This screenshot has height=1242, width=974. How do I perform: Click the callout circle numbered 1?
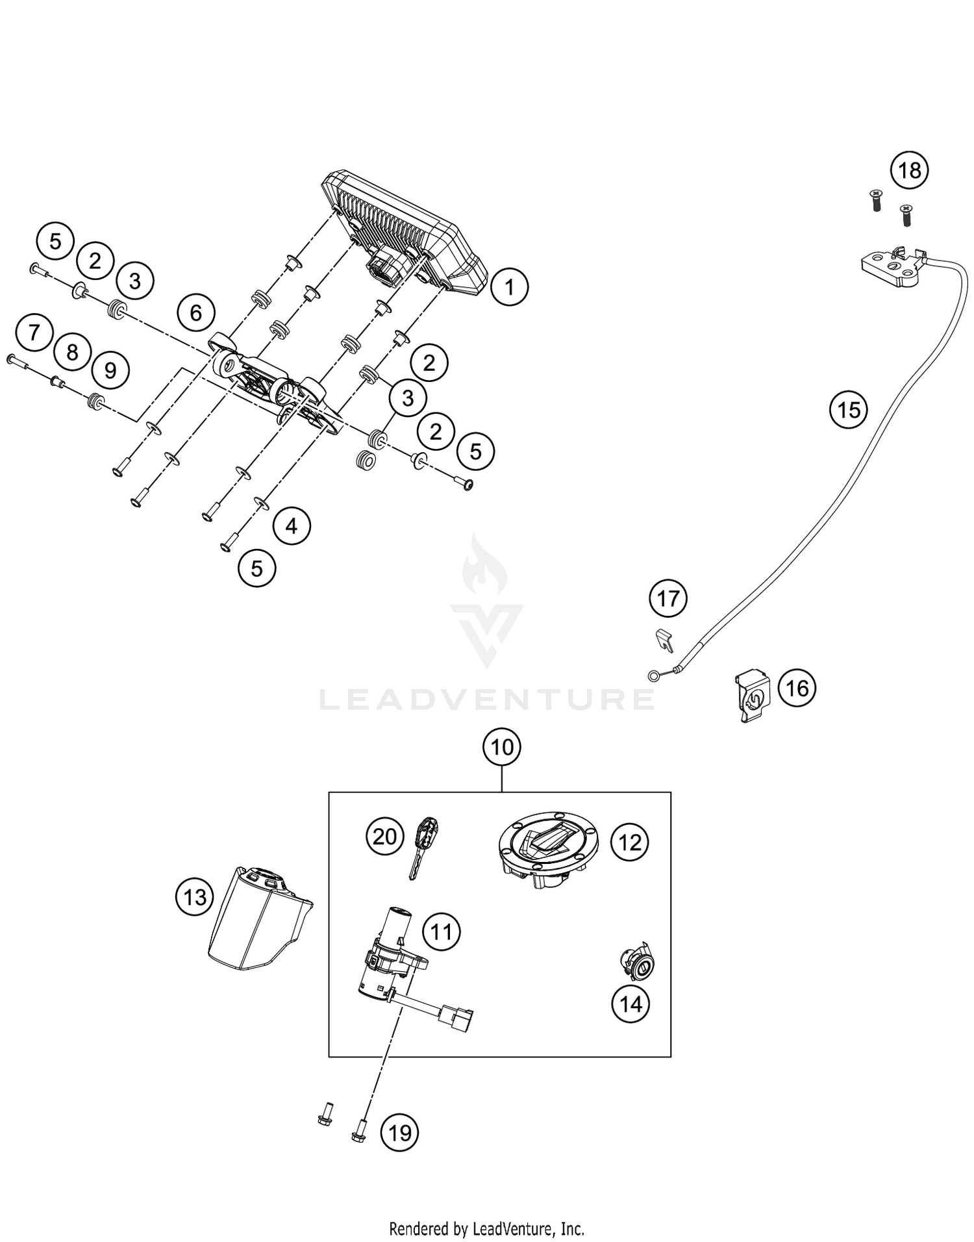(509, 286)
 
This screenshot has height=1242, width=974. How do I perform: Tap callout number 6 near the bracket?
(195, 313)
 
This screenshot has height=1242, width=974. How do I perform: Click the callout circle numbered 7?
(34, 333)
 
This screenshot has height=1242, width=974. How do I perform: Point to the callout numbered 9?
(110, 370)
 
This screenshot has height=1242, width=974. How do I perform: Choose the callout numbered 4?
(292, 526)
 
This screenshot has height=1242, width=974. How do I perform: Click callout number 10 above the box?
(502, 747)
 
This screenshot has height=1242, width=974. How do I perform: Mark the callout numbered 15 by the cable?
(848, 410)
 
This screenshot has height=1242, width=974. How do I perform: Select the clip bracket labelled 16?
(753, 696)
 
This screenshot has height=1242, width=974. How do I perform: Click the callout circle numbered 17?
(668, 598)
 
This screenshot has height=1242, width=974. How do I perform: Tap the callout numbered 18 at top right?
(909, 170)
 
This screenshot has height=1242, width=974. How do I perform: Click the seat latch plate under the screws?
(890, 266)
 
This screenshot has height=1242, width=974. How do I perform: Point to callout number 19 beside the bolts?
(399, 1133)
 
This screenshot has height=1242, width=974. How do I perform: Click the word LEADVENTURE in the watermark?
(487, 699)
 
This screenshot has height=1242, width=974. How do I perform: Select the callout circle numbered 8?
(72, 352)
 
